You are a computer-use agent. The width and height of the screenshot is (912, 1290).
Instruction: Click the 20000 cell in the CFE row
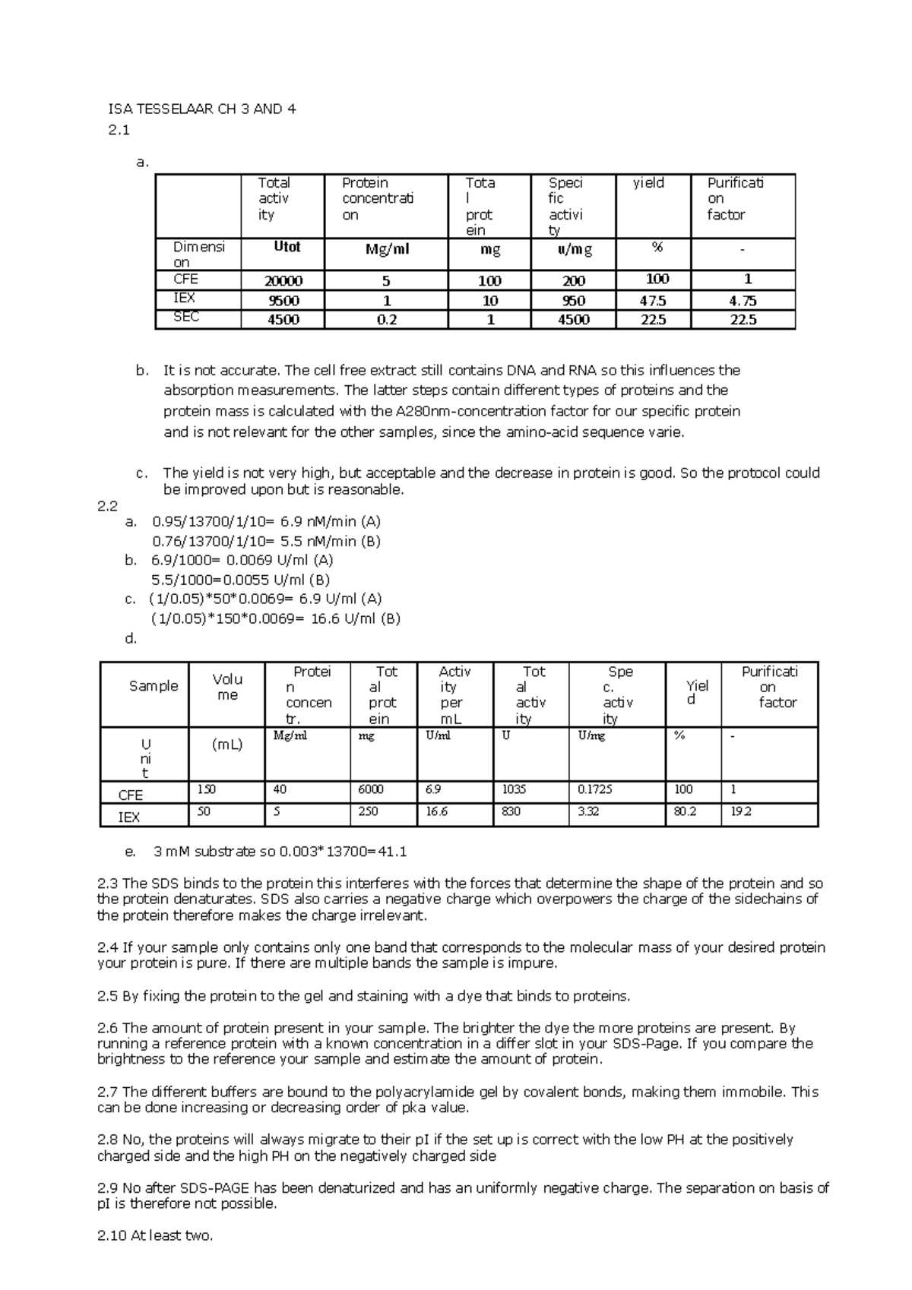283,280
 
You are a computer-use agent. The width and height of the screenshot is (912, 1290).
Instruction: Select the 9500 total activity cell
283,301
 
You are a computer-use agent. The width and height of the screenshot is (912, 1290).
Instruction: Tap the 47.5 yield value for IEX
653,300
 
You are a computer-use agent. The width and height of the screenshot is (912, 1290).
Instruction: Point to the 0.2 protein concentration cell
387,320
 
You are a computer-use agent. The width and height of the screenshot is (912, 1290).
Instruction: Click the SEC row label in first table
186,317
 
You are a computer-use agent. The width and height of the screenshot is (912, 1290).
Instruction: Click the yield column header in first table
648,183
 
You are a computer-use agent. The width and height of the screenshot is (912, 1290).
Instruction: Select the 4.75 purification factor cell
743,300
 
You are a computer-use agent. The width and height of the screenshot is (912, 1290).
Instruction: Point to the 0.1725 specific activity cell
595,789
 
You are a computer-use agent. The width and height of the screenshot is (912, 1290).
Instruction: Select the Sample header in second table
154,686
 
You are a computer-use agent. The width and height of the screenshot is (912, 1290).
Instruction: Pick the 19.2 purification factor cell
741,811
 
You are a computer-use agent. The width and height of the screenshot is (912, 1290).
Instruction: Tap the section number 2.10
112,1235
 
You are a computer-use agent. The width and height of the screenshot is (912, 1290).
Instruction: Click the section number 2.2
108,505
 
